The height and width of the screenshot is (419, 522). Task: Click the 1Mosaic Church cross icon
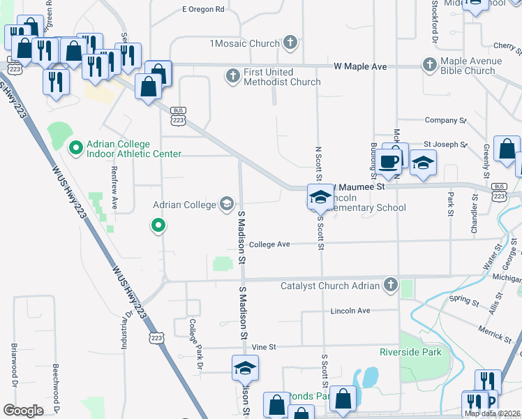(290, 43)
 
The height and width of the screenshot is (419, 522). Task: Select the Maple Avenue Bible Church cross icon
(429, 64)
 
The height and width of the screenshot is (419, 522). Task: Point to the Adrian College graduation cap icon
(226, 205)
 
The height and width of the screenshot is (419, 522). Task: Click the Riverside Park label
(410, 352)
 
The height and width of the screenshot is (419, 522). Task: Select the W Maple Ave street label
(360, 66)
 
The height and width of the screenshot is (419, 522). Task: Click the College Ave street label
(269, 244)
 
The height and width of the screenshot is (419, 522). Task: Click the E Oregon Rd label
(203, 10)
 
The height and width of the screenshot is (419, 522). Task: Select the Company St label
(445, 120)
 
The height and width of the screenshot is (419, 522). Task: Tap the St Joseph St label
(445, 145)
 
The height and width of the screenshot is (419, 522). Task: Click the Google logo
(23, 410)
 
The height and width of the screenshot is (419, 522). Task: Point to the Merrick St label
(495, 333)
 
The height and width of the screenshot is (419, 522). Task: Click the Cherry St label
(504, 45)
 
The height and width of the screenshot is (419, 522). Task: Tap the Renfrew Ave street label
(114, 189)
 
